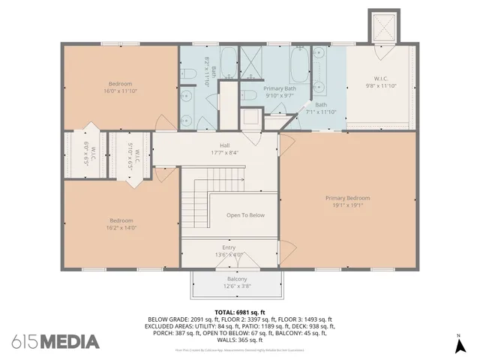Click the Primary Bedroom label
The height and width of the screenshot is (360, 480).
tap(347, 198)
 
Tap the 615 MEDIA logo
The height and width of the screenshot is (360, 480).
tap(55, 342)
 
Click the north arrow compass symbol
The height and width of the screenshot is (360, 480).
tap(459, 345)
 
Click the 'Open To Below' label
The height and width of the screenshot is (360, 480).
tap(245, 215)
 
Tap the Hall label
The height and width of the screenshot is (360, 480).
tap(224, 145)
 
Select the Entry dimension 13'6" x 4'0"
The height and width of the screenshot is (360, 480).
tap(229, 254)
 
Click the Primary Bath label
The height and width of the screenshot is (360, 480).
tap(280, 88)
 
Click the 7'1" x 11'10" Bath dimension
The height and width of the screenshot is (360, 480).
tap(321, 112)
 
